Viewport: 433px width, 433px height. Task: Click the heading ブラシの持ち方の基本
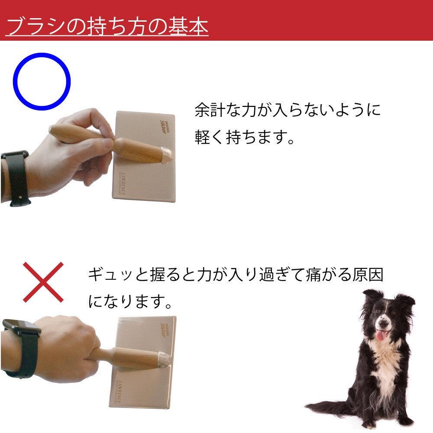pyautogui.click(x=107, y=26)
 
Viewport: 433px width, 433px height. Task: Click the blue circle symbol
pyautogui.click(x=42, y=81)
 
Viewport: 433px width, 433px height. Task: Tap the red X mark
pyautogui.click(x=43, y=282)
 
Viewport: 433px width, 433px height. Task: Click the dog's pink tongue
pyautogui.click(x=381, y=336)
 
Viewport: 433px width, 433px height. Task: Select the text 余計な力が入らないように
pyautogui.click(x=288, y=110)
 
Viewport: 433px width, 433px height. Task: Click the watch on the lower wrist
pyautogui.click(x=19, y=346)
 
